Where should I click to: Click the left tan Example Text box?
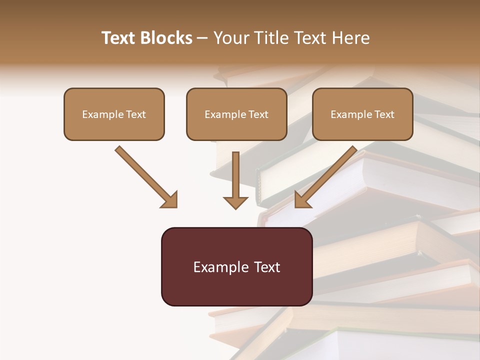click(114, 114)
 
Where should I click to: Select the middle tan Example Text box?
click(236, 114)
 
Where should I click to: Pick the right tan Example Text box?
click(362, 114)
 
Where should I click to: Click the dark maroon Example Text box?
click(236, 266)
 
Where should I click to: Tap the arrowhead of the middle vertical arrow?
click(235, 202)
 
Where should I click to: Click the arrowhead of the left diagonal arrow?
click(170, 200)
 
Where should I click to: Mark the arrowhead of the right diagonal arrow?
click(302, 200)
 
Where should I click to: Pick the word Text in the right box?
click(384, 114)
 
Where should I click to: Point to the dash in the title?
click(203, 38)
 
